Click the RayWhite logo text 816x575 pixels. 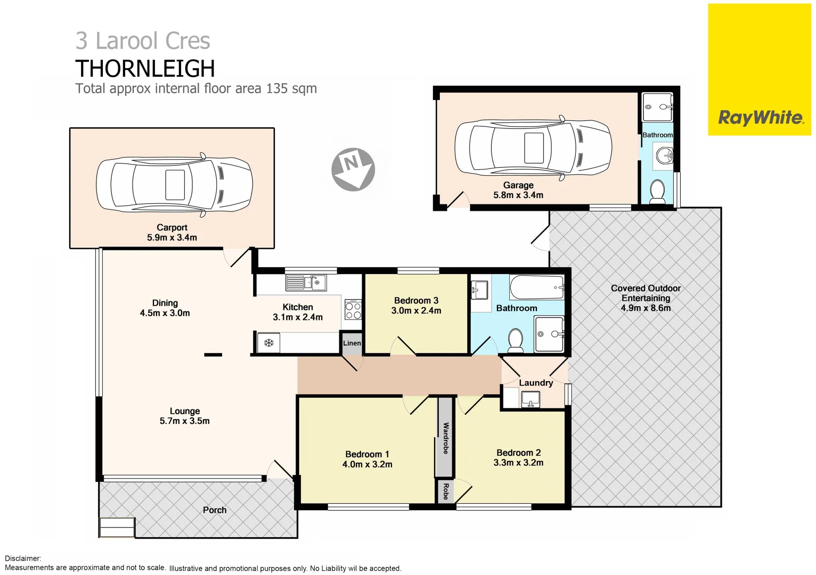pos(760,118)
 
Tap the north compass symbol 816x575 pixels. pos(353,169)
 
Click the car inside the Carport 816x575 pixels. pos(174,185)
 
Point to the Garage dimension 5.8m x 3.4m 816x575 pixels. pos(518,195)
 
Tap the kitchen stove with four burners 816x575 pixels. pos(353,310)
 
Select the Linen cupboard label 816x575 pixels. pos(352,343)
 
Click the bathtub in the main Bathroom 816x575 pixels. pos(536,288)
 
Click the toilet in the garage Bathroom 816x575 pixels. pos(657,191)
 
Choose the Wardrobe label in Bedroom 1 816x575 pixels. pos(446,438)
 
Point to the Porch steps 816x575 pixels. pos(117,527)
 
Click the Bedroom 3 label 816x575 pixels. pos(416,301)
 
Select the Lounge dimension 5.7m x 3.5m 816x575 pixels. pos(184,421)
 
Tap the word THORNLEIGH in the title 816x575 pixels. pos(145,69)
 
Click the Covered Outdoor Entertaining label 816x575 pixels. pos(646,293)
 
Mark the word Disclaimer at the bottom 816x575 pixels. pos(23,558)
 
